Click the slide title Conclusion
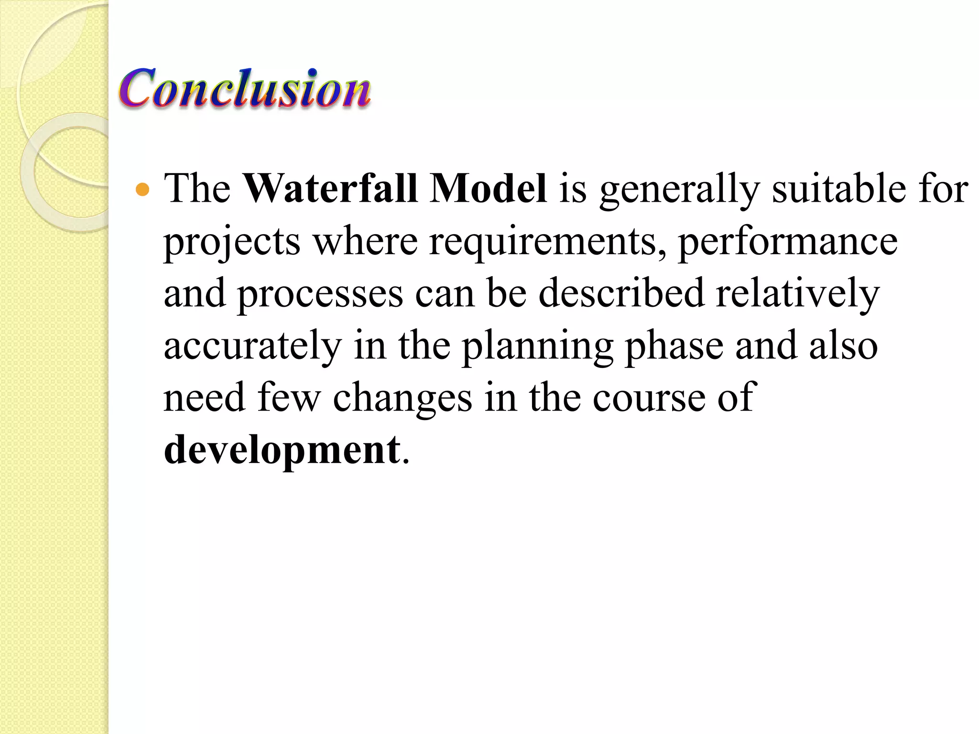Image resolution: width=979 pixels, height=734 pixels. pyautogui.click(x=245, y=88)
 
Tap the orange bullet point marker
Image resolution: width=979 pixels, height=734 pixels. pyautogui.click(x=142, y=190)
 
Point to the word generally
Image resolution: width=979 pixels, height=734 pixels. pyautogui.click(x=679, y=190)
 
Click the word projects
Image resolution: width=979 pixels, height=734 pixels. pyautogui.click(x=232, y=243)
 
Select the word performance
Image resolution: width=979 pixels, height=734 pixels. pyautogui.click(x=788, y=243)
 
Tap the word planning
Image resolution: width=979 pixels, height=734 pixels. pyautogui.click(x=537, y=347)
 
